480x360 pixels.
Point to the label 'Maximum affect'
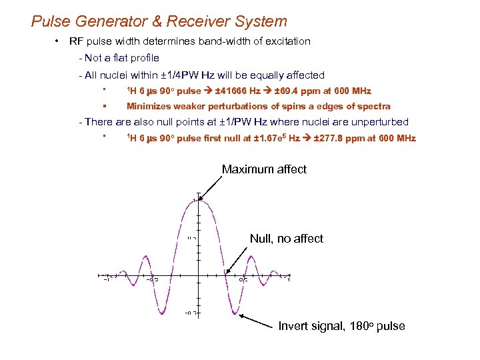(264, 169)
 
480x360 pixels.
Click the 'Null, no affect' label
(286, 239)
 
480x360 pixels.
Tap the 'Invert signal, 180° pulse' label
(341, 326)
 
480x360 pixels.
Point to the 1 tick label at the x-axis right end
(289, 280)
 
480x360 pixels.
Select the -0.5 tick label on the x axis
(152, 280)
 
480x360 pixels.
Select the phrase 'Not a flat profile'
(121, 58)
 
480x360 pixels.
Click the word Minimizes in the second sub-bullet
(148, 106)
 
